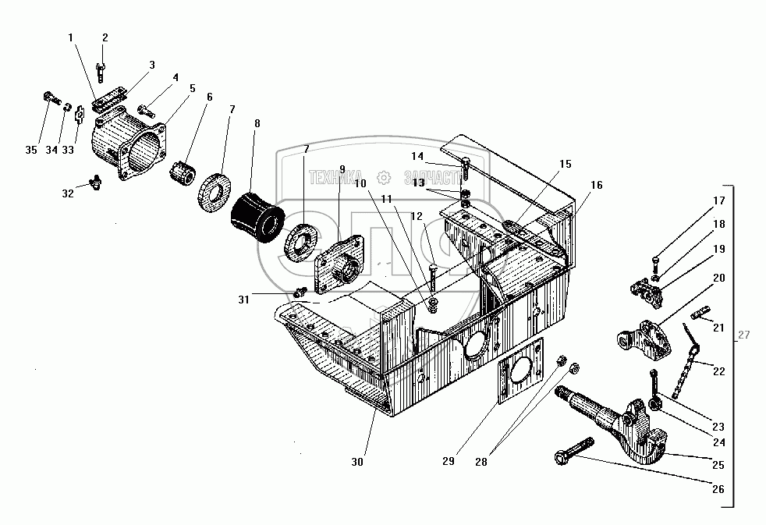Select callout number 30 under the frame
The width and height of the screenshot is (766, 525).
pos(357,462)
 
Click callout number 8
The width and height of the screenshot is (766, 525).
pos(257,122)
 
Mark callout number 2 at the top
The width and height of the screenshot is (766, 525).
pos(105,37)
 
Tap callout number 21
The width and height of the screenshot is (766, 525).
pos(718,328)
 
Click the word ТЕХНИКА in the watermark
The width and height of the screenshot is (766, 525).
pos(336,177)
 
